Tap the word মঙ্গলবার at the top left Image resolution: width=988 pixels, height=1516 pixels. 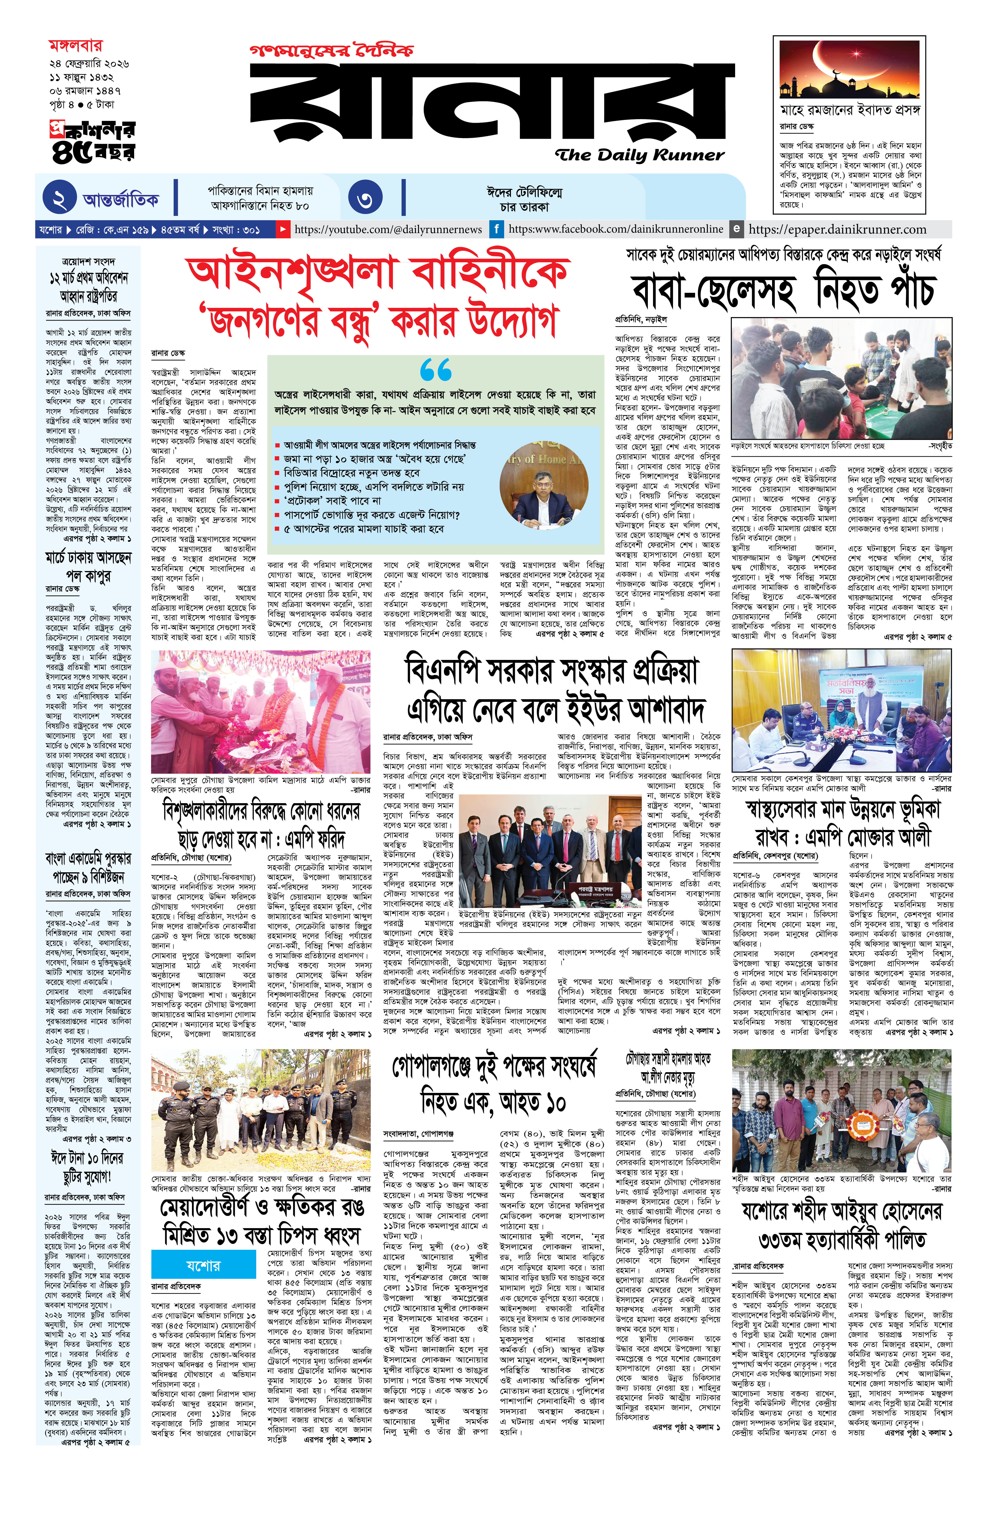coord(75,46)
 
